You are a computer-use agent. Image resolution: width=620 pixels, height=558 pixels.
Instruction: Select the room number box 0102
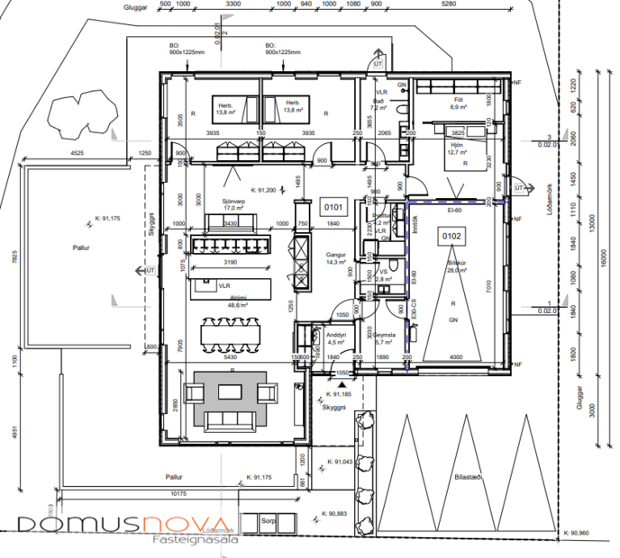point(451,236)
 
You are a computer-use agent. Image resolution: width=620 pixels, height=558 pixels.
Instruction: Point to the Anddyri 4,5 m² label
point(336,339)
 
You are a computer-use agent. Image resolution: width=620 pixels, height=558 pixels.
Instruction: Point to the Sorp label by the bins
point(268,520)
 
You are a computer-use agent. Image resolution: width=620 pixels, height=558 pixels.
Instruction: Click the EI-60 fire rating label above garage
point(453,209)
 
